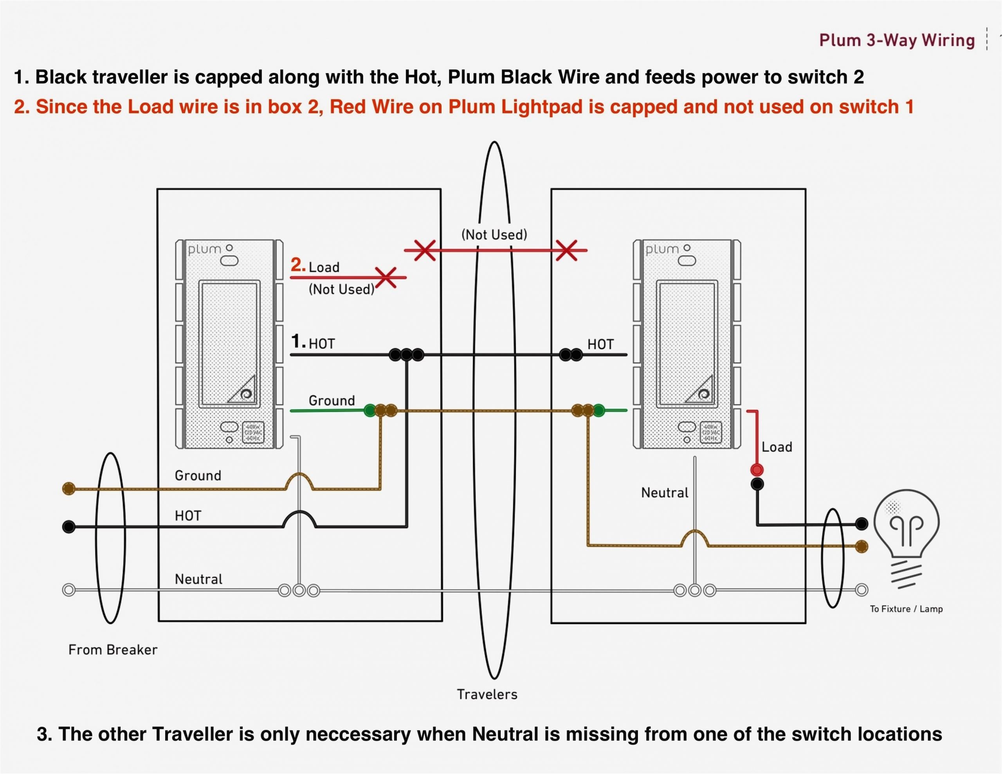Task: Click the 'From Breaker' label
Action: click(112, 650)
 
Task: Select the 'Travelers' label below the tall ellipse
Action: click(487, 694)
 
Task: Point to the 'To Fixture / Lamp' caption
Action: click(906, 609)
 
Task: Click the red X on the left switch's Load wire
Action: click(386, 277)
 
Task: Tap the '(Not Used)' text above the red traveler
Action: click(494, 234)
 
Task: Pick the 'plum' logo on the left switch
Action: click(205, 250)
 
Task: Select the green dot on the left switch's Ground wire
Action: click(370, 410)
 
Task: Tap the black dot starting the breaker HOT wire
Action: click(69, 526)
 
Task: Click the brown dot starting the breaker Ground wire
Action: click(69, 488)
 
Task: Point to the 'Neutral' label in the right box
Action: click(664, 493)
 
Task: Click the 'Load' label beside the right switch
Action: click(777, 447)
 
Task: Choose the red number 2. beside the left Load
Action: click(298, 265)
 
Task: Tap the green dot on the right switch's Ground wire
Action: click(599, 410)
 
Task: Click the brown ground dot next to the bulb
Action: click(861, 546)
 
